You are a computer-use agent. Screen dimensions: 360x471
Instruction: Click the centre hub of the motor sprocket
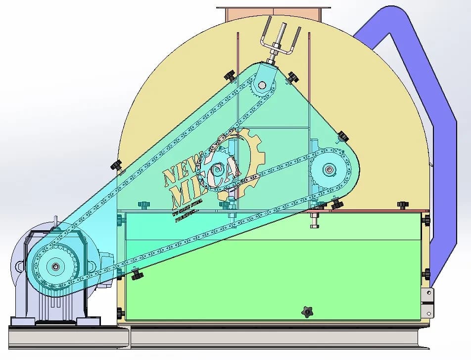point(55,267)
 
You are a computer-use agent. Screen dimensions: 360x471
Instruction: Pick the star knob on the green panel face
point(308,312)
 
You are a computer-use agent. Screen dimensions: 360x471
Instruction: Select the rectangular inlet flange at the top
point(274,13)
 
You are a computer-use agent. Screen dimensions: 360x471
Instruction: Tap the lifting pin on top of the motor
point(56,219)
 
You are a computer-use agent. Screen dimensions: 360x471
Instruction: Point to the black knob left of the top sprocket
point(229,76)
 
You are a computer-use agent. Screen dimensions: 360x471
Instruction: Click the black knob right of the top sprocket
point(293,77)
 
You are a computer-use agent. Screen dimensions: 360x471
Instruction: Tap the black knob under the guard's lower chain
point(137,273)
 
